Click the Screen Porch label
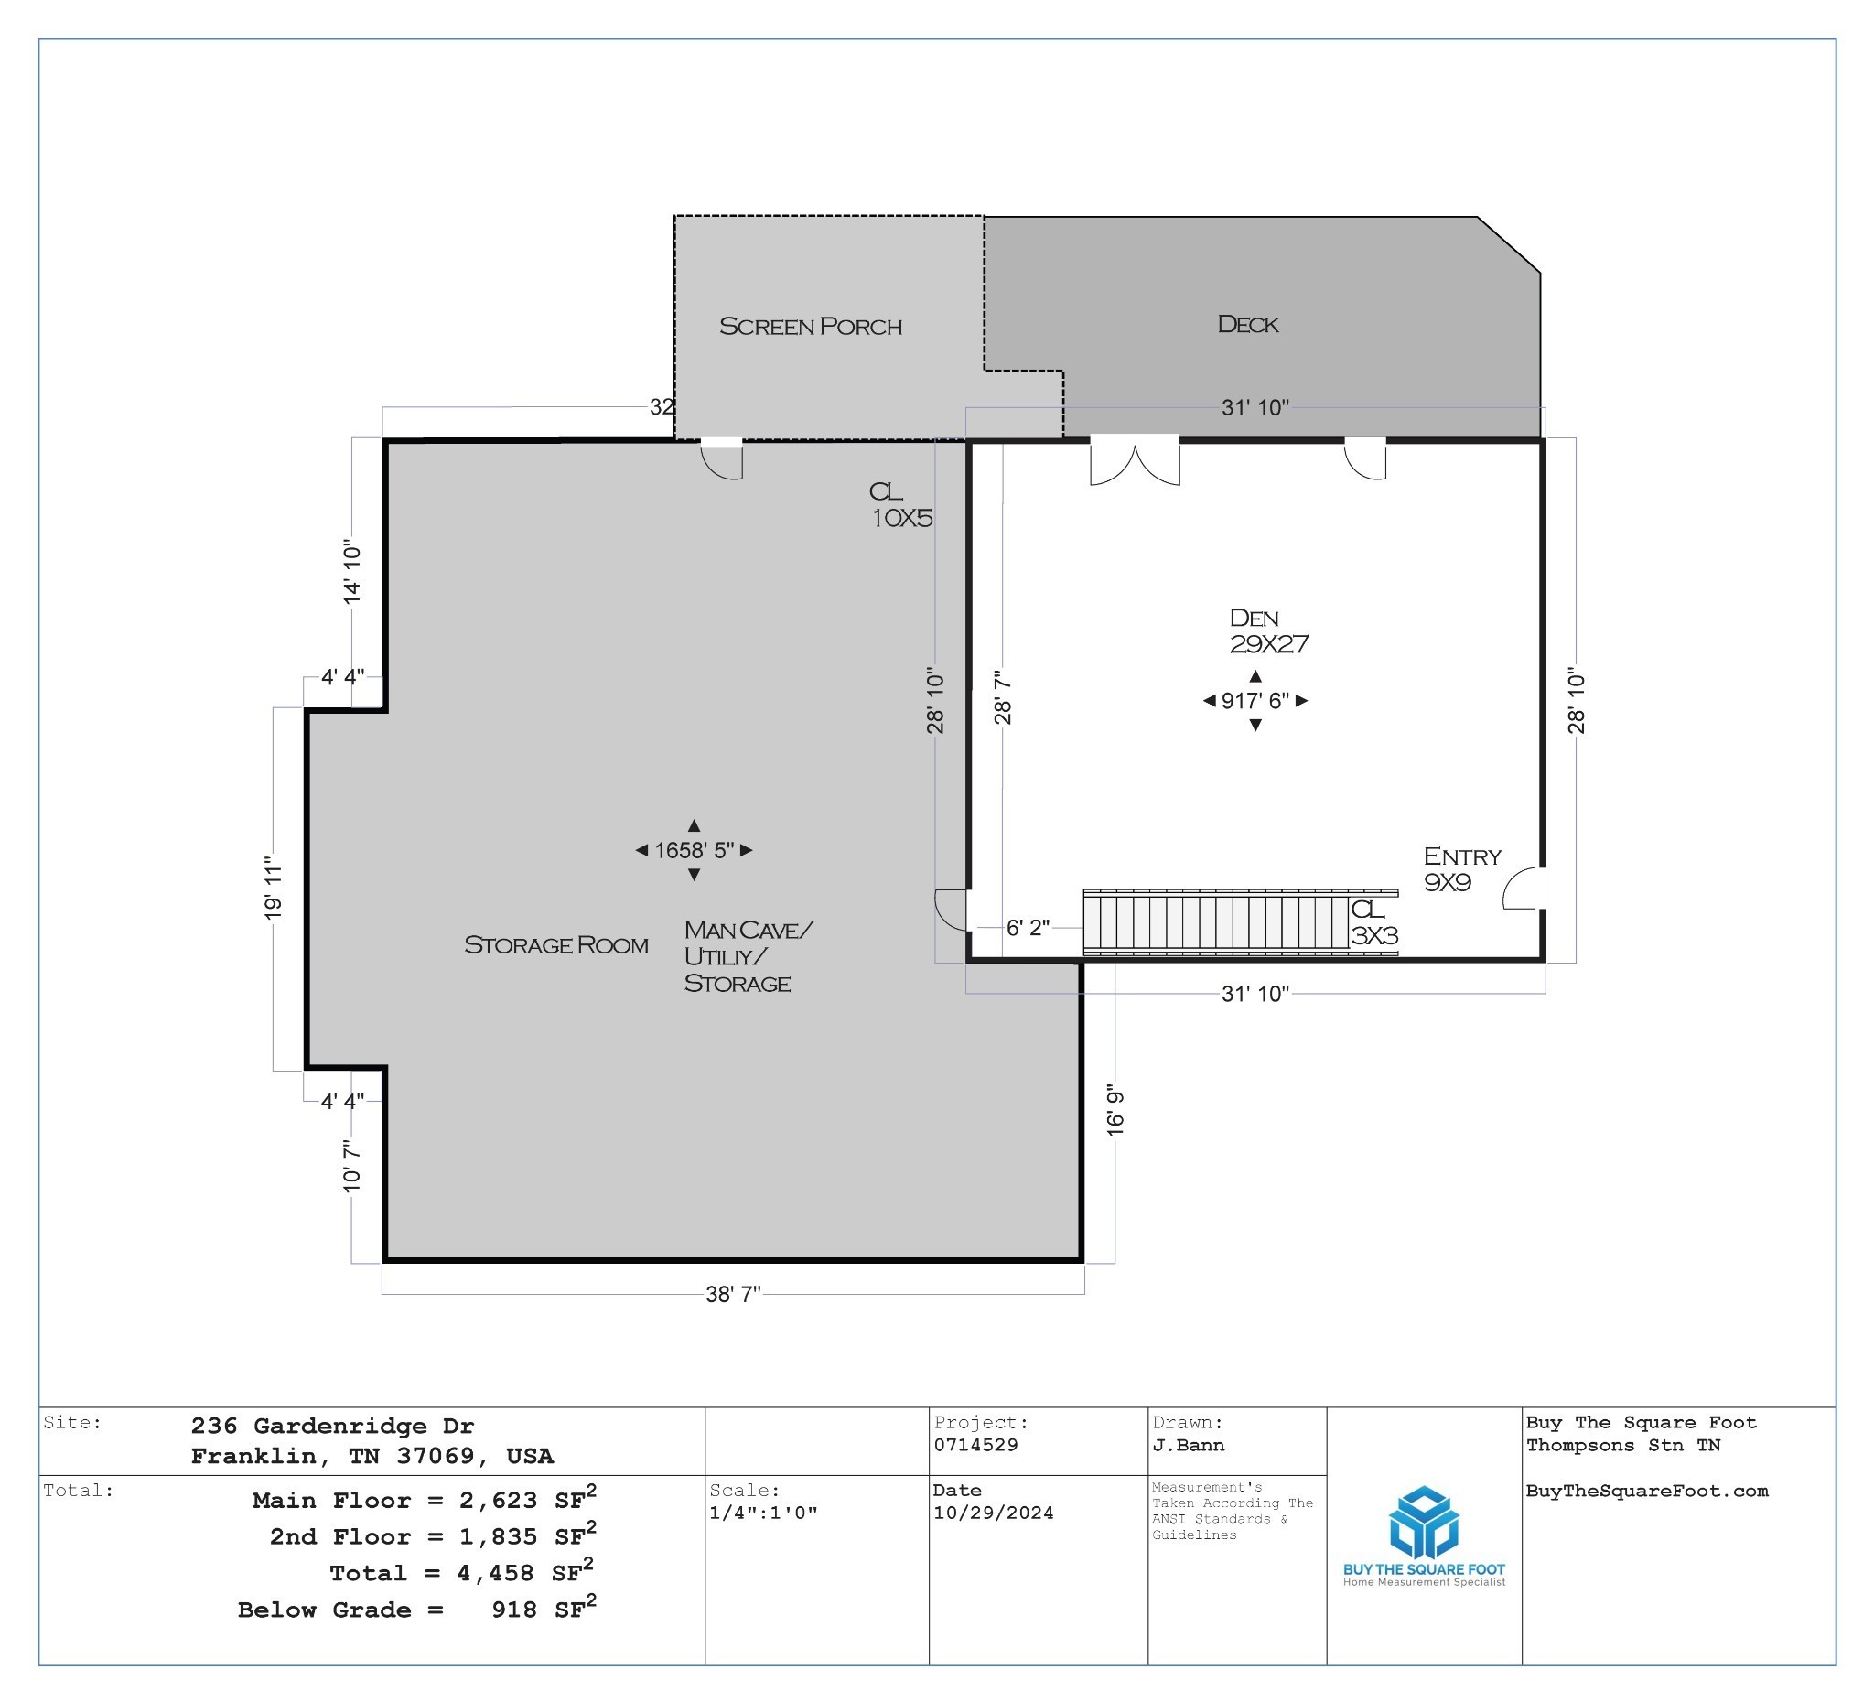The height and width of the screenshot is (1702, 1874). click(810, 327)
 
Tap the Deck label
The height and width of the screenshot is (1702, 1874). click(1247, 325)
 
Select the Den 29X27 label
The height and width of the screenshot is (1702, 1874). click(1267, 630)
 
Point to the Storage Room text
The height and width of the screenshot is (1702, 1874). click(555, 944)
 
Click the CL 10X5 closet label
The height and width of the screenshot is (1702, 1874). click(899, 505)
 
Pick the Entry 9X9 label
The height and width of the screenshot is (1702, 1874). click(1461, 868)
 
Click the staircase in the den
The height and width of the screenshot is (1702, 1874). click(1216, 922)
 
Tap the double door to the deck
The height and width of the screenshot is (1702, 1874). click(1134, 462)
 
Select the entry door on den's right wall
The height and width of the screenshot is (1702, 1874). click(1524, 889)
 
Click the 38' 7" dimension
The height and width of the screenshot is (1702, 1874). click(733, 1294)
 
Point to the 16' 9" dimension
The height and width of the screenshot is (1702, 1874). click(1115, 1109)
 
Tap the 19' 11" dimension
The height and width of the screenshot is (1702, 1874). click(273, 889)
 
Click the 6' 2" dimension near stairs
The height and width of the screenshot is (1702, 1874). click(1028, 927)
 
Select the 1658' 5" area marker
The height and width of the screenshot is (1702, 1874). click(694, 849)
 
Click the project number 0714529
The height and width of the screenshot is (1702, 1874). click(975, 1445)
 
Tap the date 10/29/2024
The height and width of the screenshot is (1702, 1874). click(993, 1513)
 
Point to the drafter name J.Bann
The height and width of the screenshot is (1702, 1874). click(1188, 1445)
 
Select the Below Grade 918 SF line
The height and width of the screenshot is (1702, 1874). click(415, 1610)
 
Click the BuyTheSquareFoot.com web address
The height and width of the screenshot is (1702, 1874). click(1646, 1491)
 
